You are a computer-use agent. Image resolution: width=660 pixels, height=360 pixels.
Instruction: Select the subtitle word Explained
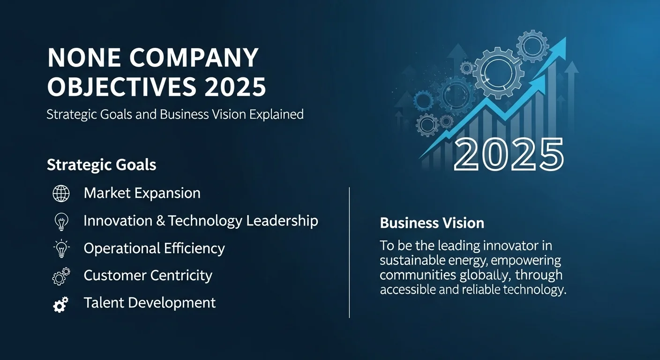tap(276, 114)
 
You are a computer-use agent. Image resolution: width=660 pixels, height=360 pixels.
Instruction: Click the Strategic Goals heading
tap(102, 165)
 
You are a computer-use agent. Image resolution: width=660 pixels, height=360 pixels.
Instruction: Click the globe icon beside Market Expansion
tap(61, 193)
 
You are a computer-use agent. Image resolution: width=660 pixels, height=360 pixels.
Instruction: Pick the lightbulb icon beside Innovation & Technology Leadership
tap(61, 221)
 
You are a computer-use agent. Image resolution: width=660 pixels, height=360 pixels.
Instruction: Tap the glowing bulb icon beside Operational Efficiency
tap(61, 248)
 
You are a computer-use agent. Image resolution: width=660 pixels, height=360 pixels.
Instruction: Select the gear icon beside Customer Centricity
tap(61, 276)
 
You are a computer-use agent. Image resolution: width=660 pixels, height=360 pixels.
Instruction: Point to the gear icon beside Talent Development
tap(61, 304)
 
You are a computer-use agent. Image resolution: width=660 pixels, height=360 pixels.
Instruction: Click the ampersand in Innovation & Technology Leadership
tap(161, 221)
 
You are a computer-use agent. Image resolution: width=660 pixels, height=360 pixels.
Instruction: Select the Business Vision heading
tap(432, 223)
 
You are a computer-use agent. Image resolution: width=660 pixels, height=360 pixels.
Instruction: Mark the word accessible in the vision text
tap(407, 290)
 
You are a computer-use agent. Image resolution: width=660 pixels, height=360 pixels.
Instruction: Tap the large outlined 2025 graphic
tap(509, 154)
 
